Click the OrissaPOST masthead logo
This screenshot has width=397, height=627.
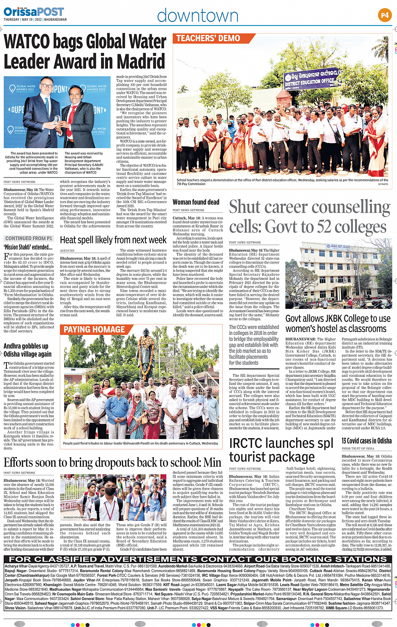point(34,12)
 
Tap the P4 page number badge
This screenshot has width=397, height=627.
point(384,16)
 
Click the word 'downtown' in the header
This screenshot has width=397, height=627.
point(197,16)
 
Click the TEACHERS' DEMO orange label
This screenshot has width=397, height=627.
point(208,39)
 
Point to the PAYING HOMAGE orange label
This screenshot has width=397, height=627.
point(94,329)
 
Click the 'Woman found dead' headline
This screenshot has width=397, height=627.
point(196,202)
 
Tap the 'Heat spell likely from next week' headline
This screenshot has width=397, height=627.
point(113,240)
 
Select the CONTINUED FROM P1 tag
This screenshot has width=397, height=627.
point(29,238)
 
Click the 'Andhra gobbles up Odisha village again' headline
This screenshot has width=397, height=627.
point(28,350)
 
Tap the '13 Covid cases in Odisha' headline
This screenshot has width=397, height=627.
point(366,441)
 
